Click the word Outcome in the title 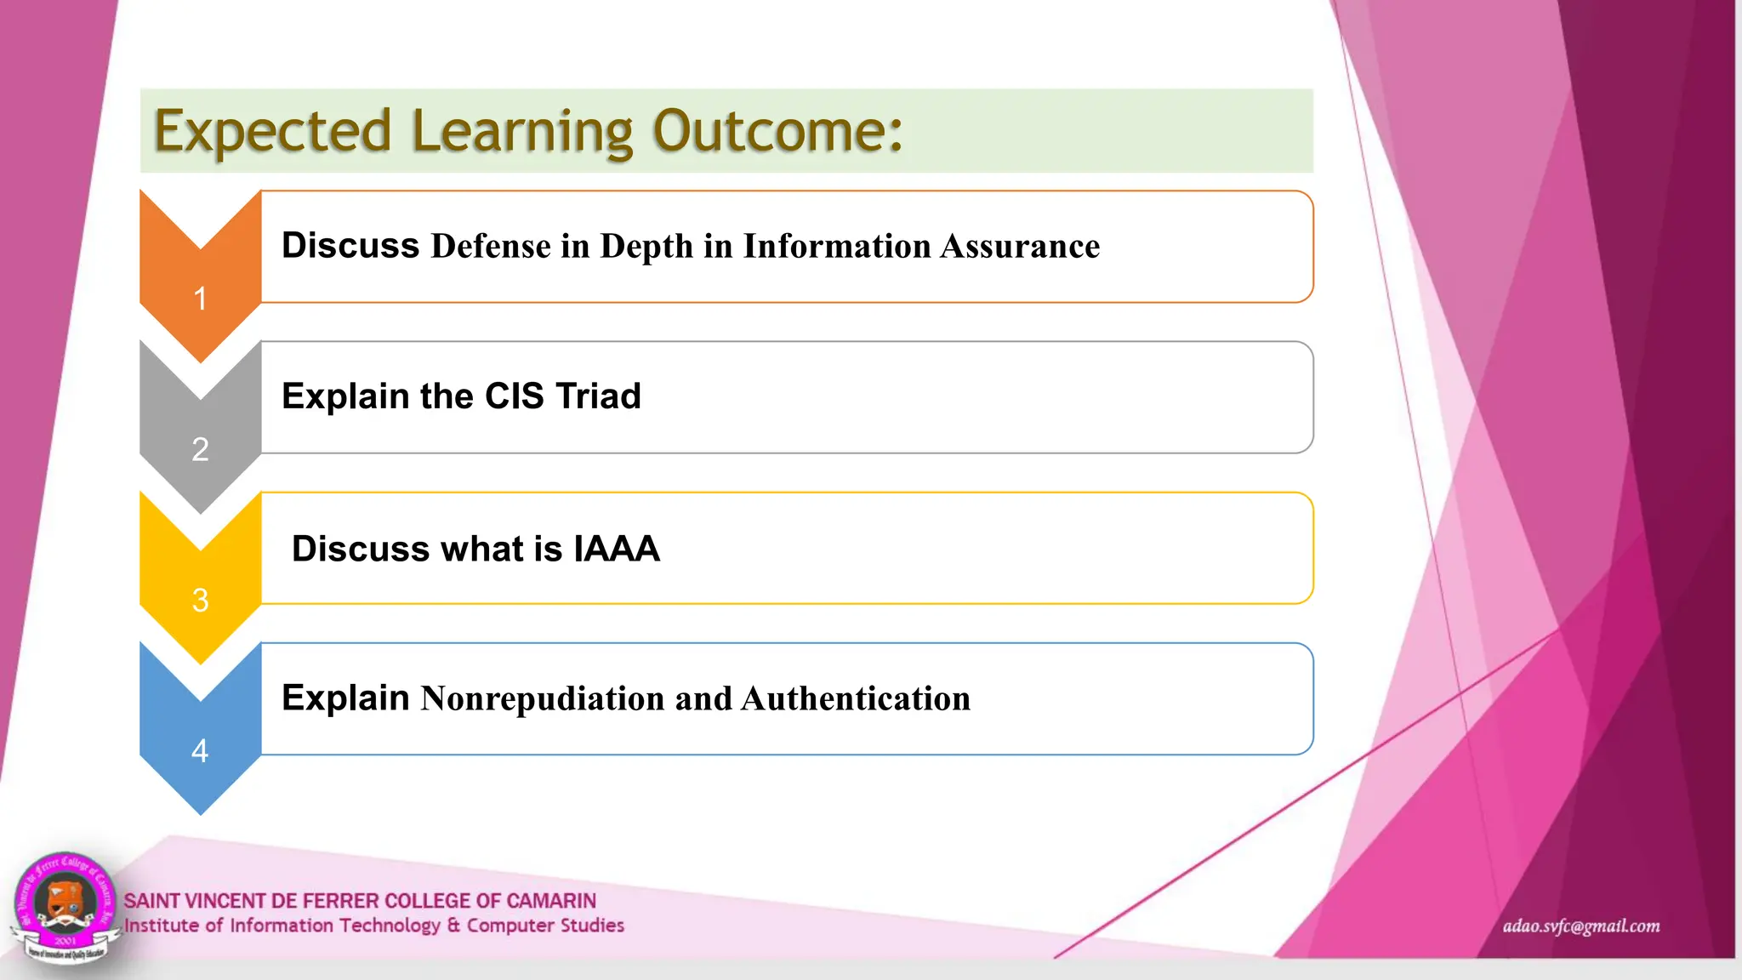777,132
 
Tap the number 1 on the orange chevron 200,299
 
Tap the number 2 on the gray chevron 200,449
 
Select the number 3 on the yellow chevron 200,601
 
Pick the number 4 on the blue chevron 200,751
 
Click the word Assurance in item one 1020,247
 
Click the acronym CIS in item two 514,396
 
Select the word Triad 598,396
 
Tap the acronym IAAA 617,549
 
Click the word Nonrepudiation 543,698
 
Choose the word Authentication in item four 856,698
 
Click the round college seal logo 65,907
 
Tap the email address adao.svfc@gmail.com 1581,926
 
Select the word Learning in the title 522,132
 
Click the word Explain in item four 345,698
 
